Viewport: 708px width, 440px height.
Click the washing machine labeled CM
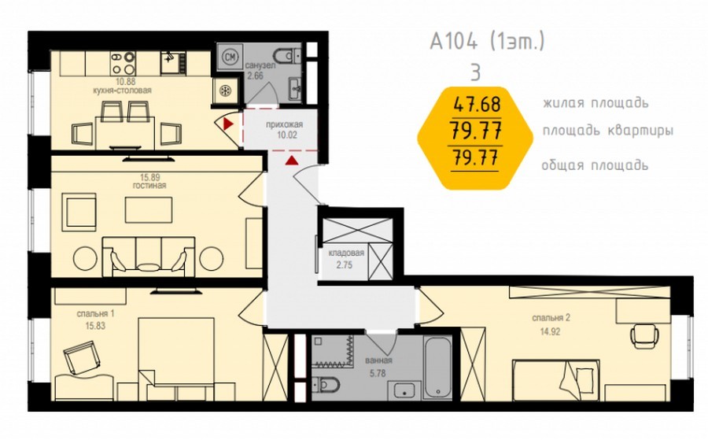(x=230, y=57)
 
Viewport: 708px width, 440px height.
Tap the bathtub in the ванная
(x=437, y=368)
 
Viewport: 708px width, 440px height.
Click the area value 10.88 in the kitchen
(x=122, y=82)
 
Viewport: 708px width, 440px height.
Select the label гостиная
(x=149, y=185)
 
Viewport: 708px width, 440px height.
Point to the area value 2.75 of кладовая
(x=344, y=265)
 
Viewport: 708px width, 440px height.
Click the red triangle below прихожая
(x=292, y=160)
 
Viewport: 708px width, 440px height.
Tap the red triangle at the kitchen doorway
(x=228, y=124)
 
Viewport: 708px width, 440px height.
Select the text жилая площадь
(x=596, y=103)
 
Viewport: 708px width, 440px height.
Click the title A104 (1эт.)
(x=487, y=42)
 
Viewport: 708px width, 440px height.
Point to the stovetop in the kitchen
(x=124, y=63)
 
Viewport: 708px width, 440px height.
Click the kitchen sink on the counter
(x=173, y=63)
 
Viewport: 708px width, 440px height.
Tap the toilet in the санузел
(x=288, y=55)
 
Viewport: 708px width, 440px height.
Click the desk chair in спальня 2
(x=641, y=335)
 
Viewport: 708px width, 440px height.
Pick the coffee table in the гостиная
(x=149, y=209)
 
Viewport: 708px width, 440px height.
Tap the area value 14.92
(x=550, y=331)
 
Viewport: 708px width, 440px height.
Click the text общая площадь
(x=595, y=165)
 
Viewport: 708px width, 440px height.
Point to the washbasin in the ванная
(x=407, y=390)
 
